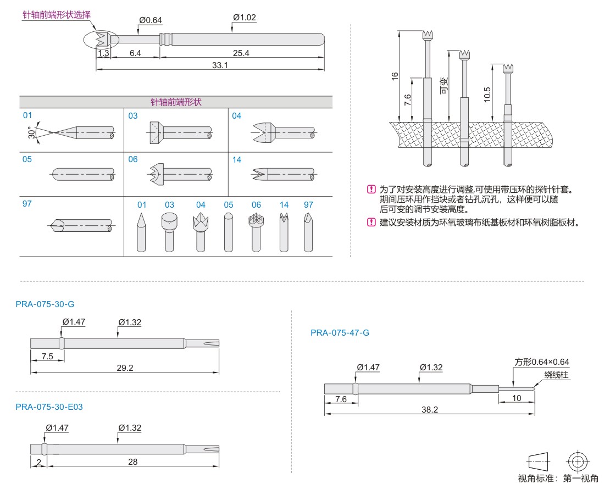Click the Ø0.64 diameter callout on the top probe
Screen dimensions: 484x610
[x=151, y=20]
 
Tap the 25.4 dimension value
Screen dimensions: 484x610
[x=241, y=53]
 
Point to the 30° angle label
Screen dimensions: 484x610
[x=31, y=132]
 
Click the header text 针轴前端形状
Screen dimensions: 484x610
[x=176, y=102]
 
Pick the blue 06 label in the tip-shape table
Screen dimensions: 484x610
[x=133, y=159]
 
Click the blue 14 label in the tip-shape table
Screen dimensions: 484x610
[x=236, y=159]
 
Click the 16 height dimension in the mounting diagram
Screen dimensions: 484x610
[x=395, y=76]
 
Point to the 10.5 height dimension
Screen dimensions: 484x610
[x=487, y=94]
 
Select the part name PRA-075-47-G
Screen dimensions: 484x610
[x=340, y=332]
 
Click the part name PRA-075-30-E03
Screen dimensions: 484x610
[x=49, y=407]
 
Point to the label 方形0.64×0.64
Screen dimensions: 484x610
[x=541, y=362]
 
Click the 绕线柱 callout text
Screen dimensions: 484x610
[x=556, y=375]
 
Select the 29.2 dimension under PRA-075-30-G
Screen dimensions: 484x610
[x=125, y=368]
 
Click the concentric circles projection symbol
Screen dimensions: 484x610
[x=576, y=460]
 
